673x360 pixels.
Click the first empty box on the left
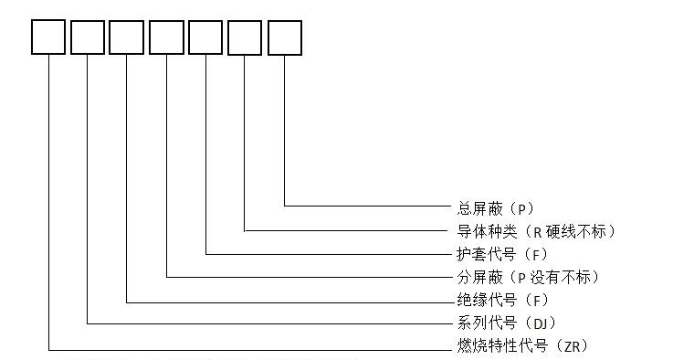coord(48,37)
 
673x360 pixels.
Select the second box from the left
coord(88,37)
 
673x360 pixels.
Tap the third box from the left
coord(127,37)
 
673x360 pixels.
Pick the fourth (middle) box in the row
coord(166,37)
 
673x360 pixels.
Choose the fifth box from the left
coord(205,37)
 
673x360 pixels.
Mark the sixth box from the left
coord(245,37)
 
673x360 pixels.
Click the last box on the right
coord(284,37)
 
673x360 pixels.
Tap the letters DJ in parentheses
coord(541,323)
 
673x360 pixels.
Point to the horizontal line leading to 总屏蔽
coord(365,206)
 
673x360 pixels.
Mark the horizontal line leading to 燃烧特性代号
coord(247,349)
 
